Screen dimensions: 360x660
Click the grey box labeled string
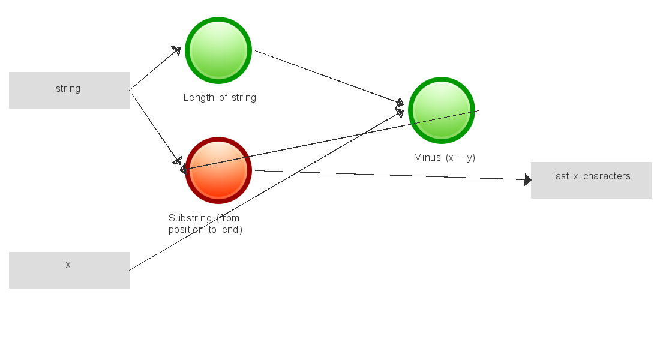(69, 90)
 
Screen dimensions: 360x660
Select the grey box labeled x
(69, 270)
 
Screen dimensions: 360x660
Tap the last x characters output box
(591, 180)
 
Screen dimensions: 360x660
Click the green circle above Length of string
(218, 50)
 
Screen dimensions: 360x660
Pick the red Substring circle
(218, 170)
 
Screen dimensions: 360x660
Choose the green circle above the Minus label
(442, 110)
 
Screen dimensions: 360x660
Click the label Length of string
(220, 98)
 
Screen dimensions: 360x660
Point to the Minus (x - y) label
(444, 158)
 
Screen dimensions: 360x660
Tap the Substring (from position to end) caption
(205, 224)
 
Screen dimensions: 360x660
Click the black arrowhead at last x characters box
(528, 179)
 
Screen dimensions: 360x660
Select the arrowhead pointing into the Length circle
(176, 50)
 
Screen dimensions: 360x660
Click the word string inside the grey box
(68, 89)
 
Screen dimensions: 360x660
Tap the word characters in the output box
(607, 176)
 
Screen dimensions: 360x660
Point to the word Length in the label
(198, 98)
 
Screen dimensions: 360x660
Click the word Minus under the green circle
(427, 158)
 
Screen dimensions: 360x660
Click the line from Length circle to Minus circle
(327, 76)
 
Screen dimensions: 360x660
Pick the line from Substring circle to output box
(390, 175)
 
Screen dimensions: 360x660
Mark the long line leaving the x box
(264, 191)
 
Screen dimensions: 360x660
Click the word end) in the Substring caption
(232, 230)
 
